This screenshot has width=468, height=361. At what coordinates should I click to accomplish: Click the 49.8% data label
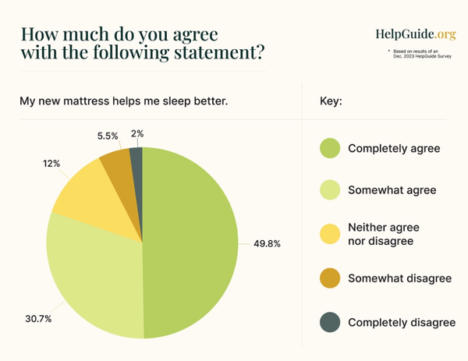coord(267,243)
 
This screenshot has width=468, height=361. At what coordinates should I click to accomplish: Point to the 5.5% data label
coord(108,136)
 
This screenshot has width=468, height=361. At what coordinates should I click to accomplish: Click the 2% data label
coord(137,134)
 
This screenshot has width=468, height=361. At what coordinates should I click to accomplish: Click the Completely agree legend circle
coord(331,147)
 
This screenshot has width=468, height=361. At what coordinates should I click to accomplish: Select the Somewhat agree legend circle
coord(331,189)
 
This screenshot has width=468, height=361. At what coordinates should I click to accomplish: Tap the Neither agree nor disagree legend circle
coord(331,233)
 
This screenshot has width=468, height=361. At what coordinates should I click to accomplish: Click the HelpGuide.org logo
coord(415,34)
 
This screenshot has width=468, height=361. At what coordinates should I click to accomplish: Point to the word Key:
coord(331,102)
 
